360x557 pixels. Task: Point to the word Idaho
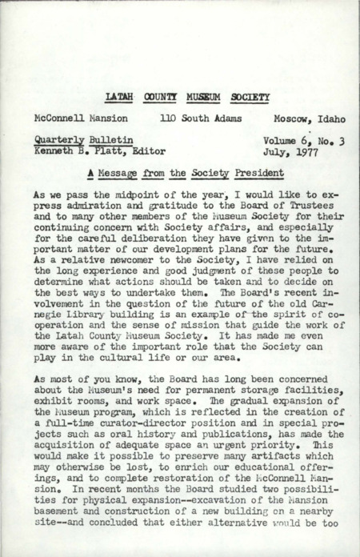pyautogui.click(x=330, y=118)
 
